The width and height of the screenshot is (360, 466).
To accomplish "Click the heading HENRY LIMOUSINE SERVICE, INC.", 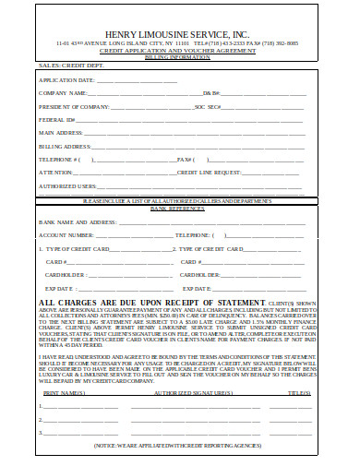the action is pyautogui.click(x=179, y=32).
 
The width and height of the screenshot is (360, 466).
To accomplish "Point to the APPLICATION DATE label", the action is pyautogui.click(x=67, y=80).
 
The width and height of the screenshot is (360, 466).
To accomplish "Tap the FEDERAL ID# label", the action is pyautogui.click(x=55, y=119).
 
